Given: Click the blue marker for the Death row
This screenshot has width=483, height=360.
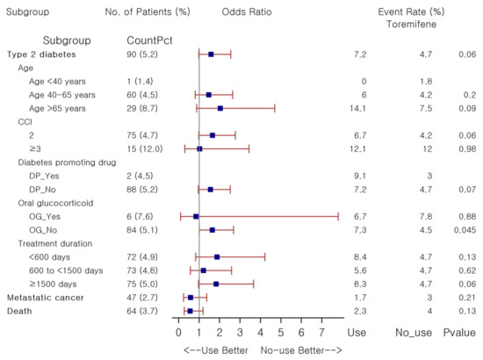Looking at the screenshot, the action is [x=190, y=311].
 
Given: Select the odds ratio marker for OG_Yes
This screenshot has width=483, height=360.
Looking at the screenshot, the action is [x=196, y=217].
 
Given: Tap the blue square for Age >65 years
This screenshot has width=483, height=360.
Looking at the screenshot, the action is [x=220, y=108].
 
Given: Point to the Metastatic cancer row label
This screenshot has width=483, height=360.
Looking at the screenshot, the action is [x=46, y=298].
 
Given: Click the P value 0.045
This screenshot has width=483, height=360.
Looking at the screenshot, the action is [x=465, y=230].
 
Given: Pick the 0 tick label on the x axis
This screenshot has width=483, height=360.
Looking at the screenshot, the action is [x=178, y=333].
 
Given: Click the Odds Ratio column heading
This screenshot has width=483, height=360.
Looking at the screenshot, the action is [x=247, y=12].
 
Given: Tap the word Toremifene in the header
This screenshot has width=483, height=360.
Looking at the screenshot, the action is [x=412, y=25].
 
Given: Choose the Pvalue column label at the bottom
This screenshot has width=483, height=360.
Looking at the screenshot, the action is [x=459, y=333].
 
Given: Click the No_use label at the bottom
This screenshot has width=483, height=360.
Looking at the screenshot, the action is [x=414, y=333].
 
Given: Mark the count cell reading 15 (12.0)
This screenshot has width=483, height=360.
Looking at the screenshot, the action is [x=145, y=149].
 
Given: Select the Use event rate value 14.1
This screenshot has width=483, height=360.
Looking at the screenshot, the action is [x=357, y=108].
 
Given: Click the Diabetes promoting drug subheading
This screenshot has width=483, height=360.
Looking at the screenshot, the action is [x=67, y=162].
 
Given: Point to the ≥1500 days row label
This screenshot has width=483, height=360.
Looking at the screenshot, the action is [x=53, y=284].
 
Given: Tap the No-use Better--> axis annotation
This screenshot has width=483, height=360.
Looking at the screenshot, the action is [x=301, y=350].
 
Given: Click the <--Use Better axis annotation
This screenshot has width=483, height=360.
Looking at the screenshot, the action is [x=216, y=350].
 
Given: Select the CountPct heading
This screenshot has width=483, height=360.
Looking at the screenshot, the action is [x=149, y=40].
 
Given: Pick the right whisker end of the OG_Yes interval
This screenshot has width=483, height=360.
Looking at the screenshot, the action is [x=338, y=217].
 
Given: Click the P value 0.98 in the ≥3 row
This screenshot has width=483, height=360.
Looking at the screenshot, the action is [x=467, y=149].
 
